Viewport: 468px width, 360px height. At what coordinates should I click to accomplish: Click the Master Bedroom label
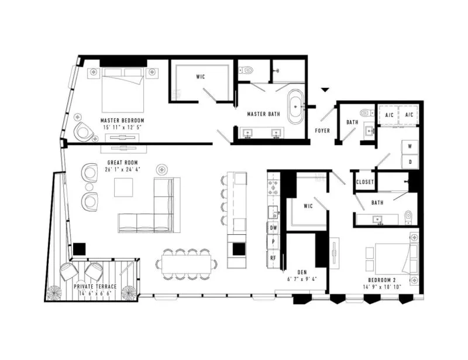tap(122, 121)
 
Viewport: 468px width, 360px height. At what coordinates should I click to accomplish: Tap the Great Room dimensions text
tap(123, 169)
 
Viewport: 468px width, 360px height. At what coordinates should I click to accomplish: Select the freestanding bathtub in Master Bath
tap(295, 107)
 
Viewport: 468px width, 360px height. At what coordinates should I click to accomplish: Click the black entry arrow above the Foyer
tap(325, 90)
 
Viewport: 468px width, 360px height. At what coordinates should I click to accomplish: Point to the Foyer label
tap(322, 131)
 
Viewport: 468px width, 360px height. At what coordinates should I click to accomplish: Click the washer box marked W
tap(410, 147)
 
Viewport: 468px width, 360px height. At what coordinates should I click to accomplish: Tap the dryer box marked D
tap(410, 162)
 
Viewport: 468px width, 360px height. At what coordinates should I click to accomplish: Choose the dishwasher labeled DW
tap(273, 228)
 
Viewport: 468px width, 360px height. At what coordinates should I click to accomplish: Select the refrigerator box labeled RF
tap(273, 258)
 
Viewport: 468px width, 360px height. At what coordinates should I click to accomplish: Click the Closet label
tap(364, 182)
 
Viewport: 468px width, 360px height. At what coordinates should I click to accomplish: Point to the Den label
tap(302, 272)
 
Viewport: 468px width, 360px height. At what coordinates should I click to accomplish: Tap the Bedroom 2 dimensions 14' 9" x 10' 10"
tap(382, 287)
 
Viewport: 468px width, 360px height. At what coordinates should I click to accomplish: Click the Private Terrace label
tap(95, 286)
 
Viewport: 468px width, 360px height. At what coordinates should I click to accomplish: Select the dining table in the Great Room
tap(187, 264)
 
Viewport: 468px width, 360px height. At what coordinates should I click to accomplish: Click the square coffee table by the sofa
tap(123, 187)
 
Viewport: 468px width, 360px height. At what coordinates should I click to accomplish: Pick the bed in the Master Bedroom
tap(123, 90)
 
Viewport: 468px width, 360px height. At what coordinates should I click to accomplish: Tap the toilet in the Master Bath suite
tap(246, 70)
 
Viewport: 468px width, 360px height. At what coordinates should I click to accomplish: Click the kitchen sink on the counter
tap(273, 212)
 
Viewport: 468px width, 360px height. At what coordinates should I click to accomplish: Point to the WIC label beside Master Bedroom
tap(201, 77)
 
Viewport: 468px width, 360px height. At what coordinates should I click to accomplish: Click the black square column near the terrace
tap(80, 249)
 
